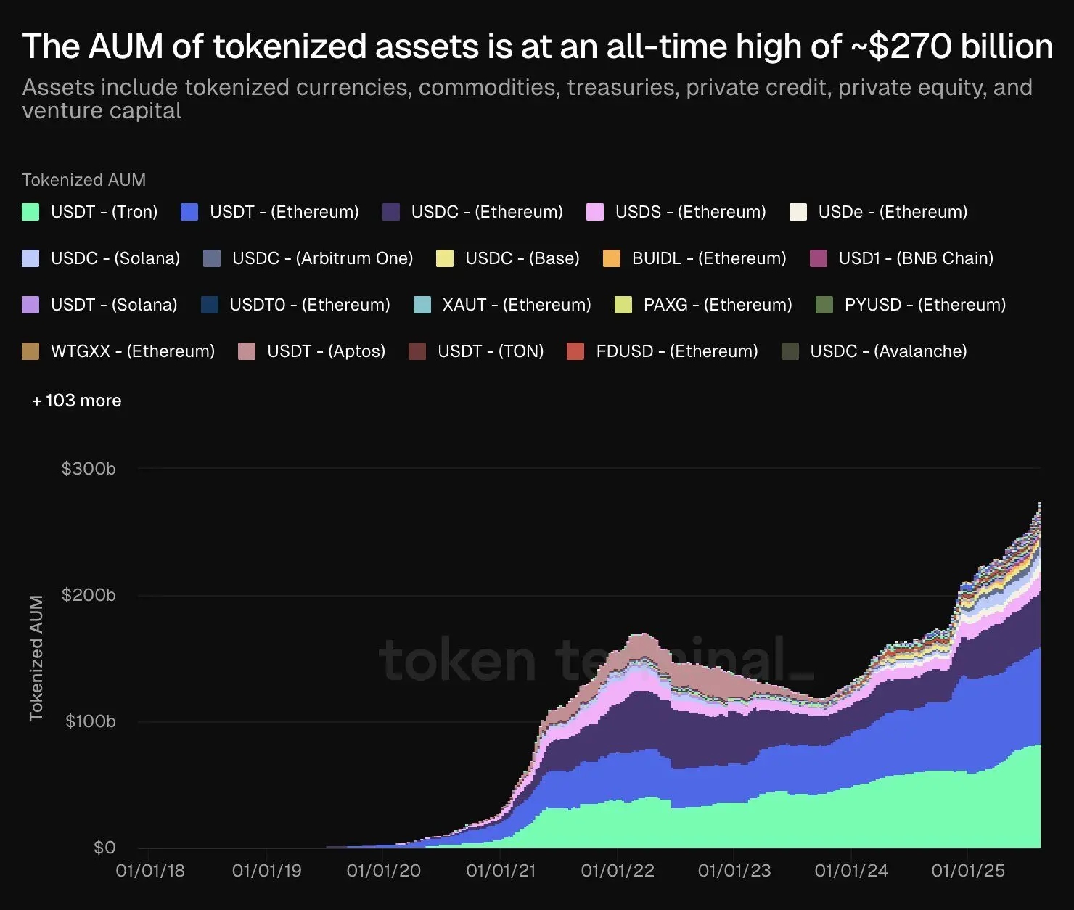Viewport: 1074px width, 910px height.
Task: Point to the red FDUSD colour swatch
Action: point(575,351)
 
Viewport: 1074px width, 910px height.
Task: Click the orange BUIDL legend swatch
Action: point(612,258)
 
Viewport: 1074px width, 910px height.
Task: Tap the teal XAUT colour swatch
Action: point(422,305)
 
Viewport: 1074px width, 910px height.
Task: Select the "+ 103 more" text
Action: point(77,401)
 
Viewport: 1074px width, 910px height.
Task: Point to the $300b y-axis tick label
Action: point(89,469)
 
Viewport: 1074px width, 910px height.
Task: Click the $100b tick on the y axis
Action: point(90,721)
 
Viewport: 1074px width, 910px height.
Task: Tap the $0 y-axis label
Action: point(104,848)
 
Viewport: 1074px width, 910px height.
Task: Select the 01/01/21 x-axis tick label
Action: point(501,871)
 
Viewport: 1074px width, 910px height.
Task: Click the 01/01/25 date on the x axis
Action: point(968,871)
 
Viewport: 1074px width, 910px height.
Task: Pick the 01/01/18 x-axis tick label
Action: point(150,871)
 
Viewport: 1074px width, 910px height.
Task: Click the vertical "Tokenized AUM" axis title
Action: point(36,658)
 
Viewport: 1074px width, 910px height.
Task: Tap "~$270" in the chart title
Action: point(899,46)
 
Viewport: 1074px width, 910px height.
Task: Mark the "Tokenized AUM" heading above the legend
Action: point(83,180)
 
